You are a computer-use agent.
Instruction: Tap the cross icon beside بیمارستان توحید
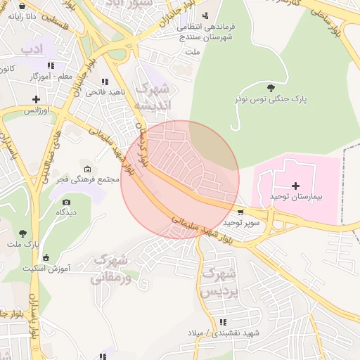(295, 185)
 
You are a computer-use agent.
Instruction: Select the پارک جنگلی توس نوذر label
(271, 100)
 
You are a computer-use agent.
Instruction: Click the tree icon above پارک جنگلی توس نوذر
(271, 87)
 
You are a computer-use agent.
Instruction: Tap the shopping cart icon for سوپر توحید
(242, 212)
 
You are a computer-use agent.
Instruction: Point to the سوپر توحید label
(242, 222)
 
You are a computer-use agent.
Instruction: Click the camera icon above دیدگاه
(67, 202)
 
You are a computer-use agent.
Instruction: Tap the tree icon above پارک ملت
(23, 232)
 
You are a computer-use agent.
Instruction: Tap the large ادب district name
(32, 49)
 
